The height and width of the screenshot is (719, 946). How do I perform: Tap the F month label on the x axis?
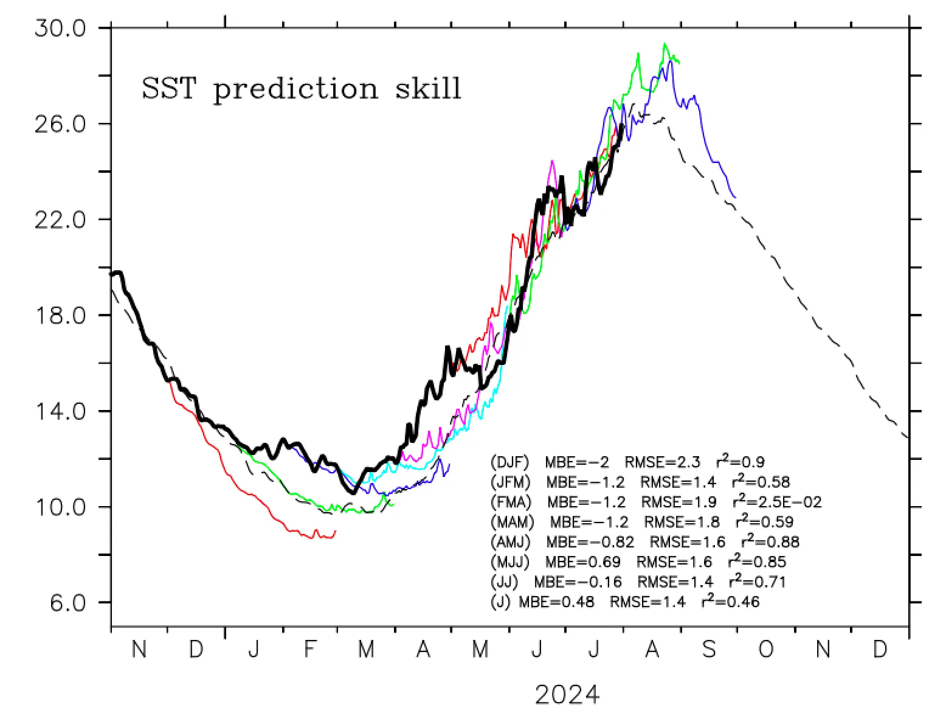310,650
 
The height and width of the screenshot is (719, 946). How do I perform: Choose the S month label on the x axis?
709,650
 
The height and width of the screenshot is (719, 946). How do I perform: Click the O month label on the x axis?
766,650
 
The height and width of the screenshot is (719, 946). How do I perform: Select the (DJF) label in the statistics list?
510,462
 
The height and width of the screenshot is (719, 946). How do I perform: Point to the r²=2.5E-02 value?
778,502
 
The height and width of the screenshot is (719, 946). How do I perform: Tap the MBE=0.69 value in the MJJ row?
583,561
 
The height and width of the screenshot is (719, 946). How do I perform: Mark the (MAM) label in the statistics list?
512,522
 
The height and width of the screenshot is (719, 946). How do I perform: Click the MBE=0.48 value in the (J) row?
556,602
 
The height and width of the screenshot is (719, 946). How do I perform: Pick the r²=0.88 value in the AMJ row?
770,541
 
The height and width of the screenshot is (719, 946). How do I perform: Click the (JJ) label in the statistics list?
504,582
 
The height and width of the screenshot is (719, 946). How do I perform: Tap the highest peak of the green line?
665,44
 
